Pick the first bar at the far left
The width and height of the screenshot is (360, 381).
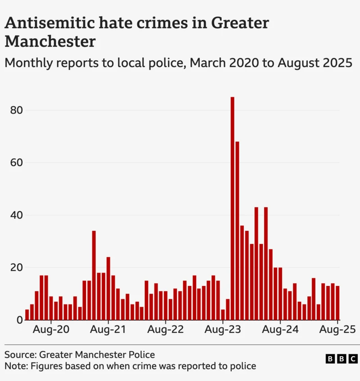(x=27, y=314)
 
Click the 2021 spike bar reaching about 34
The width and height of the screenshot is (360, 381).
(x=94, y=275)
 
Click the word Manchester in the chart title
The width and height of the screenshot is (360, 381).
(x=50, y=41)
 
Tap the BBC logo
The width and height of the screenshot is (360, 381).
(x=342, y=359)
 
